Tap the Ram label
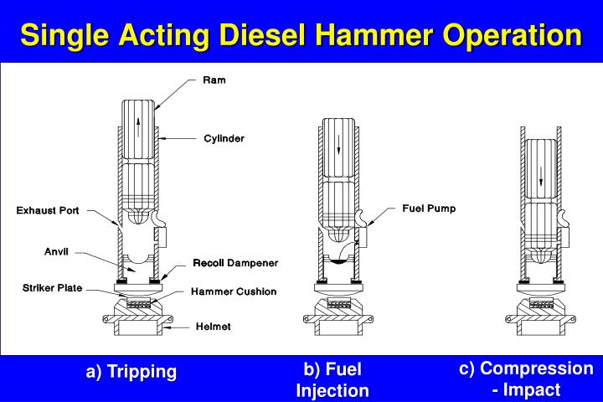coord(214,80)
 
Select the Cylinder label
coord(224,138)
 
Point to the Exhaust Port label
coord(48,211)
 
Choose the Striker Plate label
coord(52,288)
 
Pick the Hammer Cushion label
coord(234,291)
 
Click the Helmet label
coord(214,326)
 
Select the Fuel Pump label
coord(429,209)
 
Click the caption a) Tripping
coord(131,372)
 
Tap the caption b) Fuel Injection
coord(332,379)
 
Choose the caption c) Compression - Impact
coord(526,379)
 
